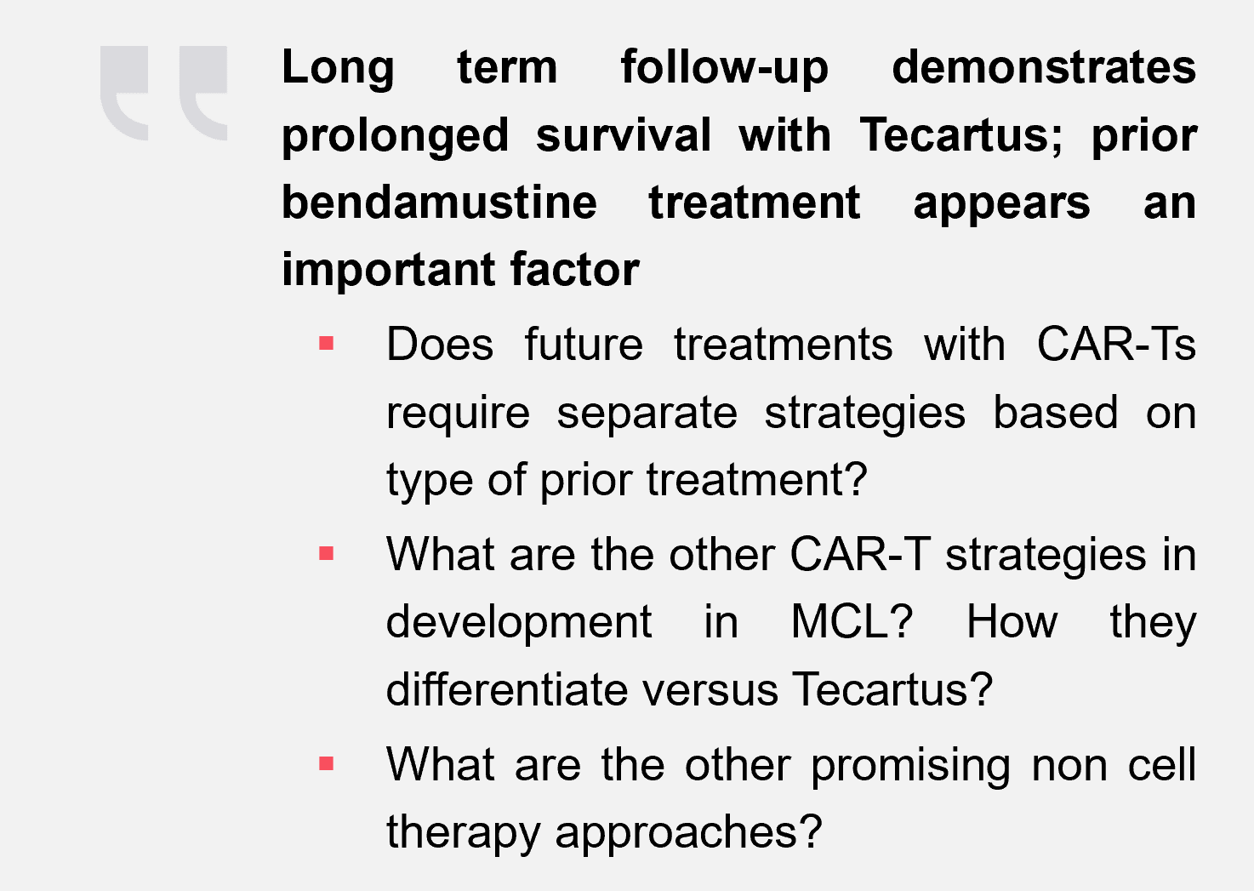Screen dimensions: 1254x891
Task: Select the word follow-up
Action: pos(724,68)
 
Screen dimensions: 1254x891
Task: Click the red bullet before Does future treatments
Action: pos(326,343)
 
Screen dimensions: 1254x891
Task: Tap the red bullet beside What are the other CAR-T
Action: pos(326,553)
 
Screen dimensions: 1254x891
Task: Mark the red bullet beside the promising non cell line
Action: pos(326,763)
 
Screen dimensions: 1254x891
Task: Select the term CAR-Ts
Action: pos(1116,343)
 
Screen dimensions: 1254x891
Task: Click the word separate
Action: pos(647,414)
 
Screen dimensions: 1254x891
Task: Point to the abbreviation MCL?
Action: pos(852,621)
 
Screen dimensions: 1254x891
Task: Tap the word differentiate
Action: pos(507,688)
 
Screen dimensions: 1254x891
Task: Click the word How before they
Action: pos(1012,621)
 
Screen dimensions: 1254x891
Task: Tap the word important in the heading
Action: pos(389,271)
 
